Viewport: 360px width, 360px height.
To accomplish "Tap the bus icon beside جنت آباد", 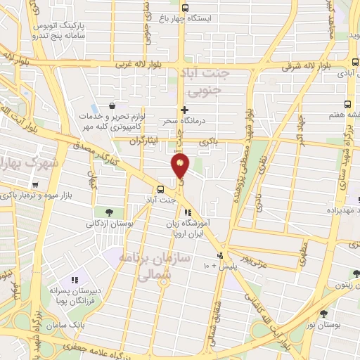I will tap(161, 188).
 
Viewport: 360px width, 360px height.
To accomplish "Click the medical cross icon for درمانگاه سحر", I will tap(185, 110).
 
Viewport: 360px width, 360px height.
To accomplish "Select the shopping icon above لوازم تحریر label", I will tap(112, 105).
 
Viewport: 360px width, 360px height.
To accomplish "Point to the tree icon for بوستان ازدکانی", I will tap(109, 212).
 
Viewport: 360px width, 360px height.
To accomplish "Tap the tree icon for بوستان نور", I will tap(323, 314).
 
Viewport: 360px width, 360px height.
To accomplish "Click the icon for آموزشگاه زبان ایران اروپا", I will tap(187, 212).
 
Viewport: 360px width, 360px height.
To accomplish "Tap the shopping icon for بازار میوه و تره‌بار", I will tap(44, 184).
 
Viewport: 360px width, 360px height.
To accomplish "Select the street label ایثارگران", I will tap(145, 141).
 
